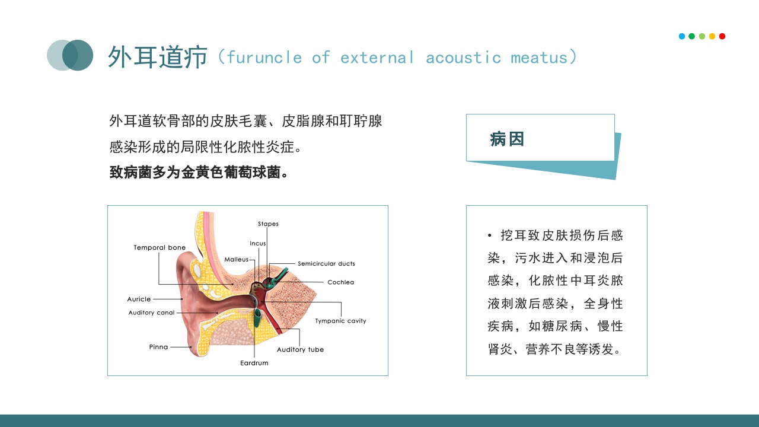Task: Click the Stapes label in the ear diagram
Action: tap(268, 224)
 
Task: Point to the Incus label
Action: tap(258, 244)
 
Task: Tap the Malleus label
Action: tap(237, 260)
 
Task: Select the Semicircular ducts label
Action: tap(326, 264)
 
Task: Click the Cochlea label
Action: tap(340, 282)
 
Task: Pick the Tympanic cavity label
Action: tap(340, 321)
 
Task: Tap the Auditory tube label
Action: tap(300, 350)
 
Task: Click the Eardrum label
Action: tap(254, 363)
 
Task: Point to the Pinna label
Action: tap(158, 348)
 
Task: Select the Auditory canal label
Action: tap(151, 313)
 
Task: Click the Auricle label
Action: tap(139, 299)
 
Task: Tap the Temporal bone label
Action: tap(160, 248)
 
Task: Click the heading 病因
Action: tap(507, 139)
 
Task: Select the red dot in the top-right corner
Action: tap(722, 36)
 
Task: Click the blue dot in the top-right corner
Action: tap(682, 36)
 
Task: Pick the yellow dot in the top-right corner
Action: tap(712, 36)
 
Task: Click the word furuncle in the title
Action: tap(264, 58)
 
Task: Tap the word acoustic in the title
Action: tap(463, 58)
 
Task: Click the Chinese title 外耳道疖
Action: tap(157, 57)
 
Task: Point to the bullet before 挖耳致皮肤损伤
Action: tap(490, 236)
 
